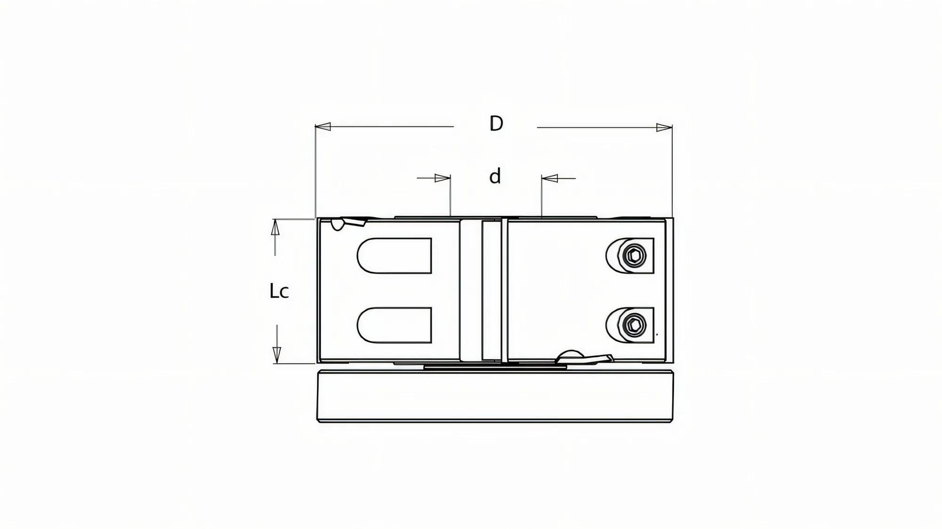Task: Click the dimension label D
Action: [x=496, y=124]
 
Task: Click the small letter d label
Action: [x=495, y=177]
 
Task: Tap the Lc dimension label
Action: [x=279, y=291]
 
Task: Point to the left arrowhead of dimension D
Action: [x=323, y=127]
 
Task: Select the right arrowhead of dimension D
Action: [x=664, y=128]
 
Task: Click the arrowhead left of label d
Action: [x=442, y=178]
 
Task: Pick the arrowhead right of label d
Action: [x=550, y=178]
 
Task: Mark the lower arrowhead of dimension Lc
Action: [x=277, y=354]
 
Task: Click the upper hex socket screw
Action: [x=634, y=256]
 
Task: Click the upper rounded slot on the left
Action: [x=395, y=256]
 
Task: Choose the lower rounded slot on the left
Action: [x=395, y=325]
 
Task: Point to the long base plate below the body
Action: [x=495, y=396]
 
